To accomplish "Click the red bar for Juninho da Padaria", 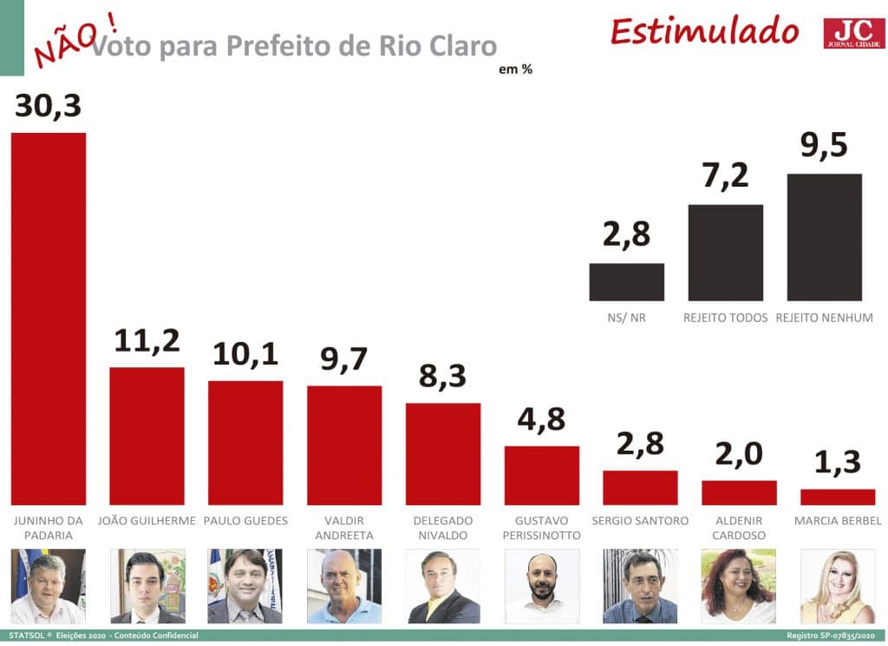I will [48, 318].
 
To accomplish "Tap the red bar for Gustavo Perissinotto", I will [542, 475].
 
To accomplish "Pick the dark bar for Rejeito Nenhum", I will [824, 237].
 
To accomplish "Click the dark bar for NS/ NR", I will [626, 282].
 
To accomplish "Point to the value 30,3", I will [49, 106].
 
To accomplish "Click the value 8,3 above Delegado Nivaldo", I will [442, 377].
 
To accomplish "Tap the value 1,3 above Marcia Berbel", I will [838, 462].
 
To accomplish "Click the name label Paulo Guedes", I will [245, 521].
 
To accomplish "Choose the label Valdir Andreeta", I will [344, 528].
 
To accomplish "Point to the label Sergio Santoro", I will [640, 521].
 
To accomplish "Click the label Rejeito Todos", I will [725, 318].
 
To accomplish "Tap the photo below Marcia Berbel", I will [838, 586].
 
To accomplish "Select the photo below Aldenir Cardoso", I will [739, 586].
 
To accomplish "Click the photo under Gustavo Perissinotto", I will [542, 586].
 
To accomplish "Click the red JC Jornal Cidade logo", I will [854, 33].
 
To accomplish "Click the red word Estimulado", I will [703, 30].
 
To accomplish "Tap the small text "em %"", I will [515, 69].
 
